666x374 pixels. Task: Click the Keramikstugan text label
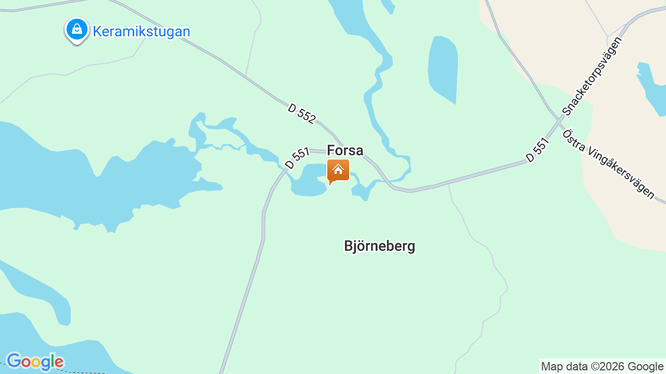[x=141, y=32]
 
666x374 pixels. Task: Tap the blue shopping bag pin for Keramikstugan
[x=77, y=30]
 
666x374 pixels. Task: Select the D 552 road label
[x=301, y=114]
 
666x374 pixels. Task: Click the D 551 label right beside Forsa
[x=298, y=158]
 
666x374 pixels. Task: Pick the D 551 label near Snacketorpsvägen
[x=537, y=150]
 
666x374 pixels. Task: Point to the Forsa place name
[x=345, y=151]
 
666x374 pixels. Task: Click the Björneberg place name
[x=379, y=246]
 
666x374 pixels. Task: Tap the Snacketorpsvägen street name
[x=592, y=76]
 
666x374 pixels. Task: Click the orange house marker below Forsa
[x=338, y=170]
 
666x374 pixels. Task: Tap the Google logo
[x=35, y=362]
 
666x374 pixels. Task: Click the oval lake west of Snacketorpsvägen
[x=443, y=68]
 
